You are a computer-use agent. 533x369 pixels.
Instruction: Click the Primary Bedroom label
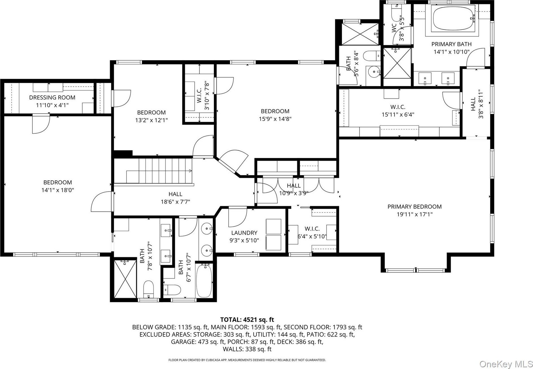coord(414,207)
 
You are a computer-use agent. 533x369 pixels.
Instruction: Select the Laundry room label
coord(244,233)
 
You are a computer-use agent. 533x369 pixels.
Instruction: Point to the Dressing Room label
coord(52,98)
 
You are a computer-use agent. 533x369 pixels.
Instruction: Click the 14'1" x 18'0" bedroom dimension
coord(58,190)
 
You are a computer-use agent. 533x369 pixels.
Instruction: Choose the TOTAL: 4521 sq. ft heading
coord(247,320)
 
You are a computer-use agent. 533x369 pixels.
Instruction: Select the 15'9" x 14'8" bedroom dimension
coord(275,119)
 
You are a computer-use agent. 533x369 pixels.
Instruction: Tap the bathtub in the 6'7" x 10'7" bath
coord(204,280)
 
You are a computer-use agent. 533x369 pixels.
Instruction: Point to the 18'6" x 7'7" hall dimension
coord(175,202)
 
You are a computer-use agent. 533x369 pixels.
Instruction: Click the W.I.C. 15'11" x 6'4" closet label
coord(398,111)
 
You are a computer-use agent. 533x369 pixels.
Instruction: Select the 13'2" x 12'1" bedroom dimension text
coord(151,120)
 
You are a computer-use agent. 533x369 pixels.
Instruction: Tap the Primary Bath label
coord(451,44)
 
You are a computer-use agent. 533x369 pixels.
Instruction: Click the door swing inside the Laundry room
coord(238,217)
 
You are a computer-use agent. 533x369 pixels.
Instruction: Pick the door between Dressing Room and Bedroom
coord(41,124)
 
